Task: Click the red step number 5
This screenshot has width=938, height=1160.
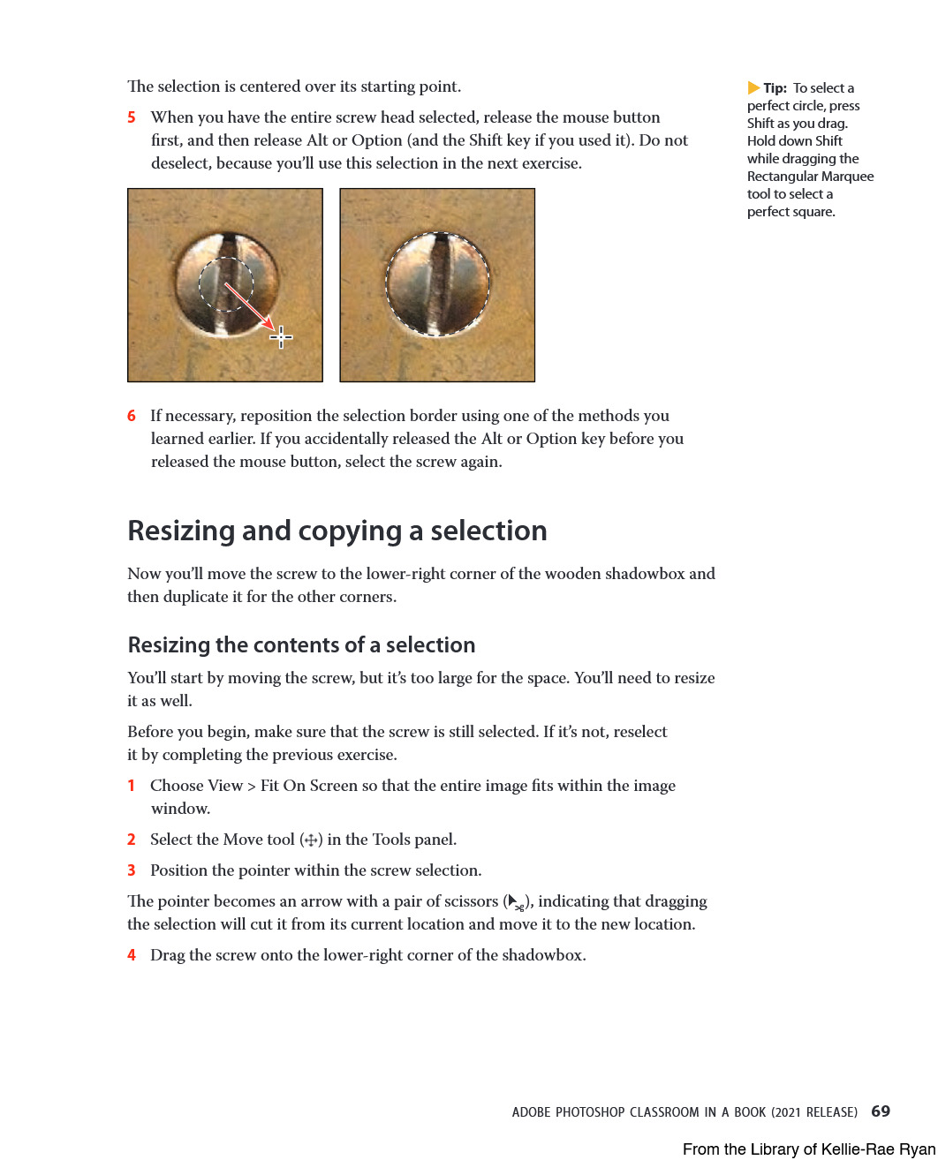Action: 132,117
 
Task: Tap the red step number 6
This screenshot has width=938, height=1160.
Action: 132,416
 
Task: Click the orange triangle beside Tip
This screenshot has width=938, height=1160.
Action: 753,87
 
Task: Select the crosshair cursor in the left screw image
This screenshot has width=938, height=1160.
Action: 281,336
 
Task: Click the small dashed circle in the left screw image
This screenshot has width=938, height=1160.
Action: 226,284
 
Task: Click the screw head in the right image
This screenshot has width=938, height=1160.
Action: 437,284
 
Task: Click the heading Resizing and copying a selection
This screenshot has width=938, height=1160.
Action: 337,531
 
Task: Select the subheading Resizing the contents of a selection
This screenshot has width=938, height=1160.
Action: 301,645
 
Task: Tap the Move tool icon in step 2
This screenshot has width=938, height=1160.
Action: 311,840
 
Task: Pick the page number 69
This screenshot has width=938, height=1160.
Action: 881,1111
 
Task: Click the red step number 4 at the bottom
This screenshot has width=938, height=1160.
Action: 132,955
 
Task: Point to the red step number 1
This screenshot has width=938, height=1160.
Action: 132,786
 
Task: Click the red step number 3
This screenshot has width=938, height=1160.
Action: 132,870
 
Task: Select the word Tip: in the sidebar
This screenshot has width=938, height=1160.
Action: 775,88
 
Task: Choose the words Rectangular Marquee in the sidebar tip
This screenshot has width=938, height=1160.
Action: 810,177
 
